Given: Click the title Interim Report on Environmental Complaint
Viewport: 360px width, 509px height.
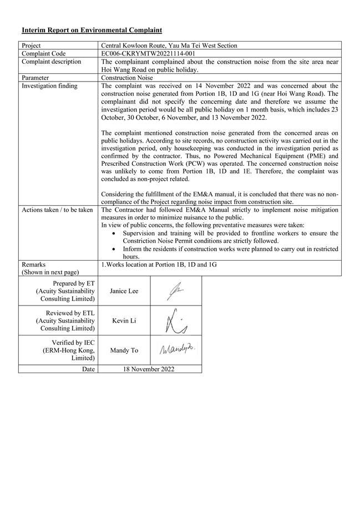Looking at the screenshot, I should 92,29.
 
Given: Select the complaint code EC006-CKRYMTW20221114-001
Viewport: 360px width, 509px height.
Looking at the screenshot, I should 148,54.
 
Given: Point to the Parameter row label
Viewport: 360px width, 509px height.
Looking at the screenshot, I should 36,78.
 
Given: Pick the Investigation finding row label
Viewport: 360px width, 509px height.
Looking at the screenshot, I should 49,86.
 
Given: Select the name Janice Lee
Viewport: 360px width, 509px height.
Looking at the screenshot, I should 124,291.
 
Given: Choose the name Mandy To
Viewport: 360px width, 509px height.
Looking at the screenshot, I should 124,350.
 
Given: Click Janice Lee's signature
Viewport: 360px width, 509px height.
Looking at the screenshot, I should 175,291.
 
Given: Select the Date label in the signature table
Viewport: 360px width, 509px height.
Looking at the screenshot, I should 88,369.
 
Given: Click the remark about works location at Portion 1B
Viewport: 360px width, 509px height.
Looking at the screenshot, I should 159,264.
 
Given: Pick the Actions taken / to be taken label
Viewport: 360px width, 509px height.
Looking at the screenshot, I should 57,210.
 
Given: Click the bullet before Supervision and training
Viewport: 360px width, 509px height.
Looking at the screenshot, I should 114,233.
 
